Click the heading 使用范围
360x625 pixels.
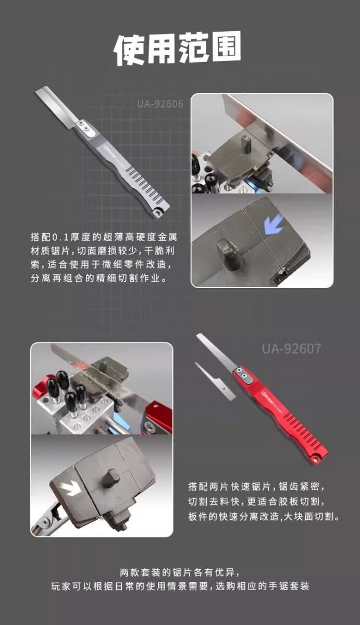click(x=178, y=49)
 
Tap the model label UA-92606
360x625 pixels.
click(x=160, y=104)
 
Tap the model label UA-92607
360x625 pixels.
click(x=292, y=348)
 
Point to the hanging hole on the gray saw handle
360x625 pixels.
click(x=158, y=214)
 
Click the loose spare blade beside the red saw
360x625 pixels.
click(x=215, y=381)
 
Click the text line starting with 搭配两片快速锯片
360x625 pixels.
click(x=256, y=486)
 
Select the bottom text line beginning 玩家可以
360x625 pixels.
click(x=180, y=586)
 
